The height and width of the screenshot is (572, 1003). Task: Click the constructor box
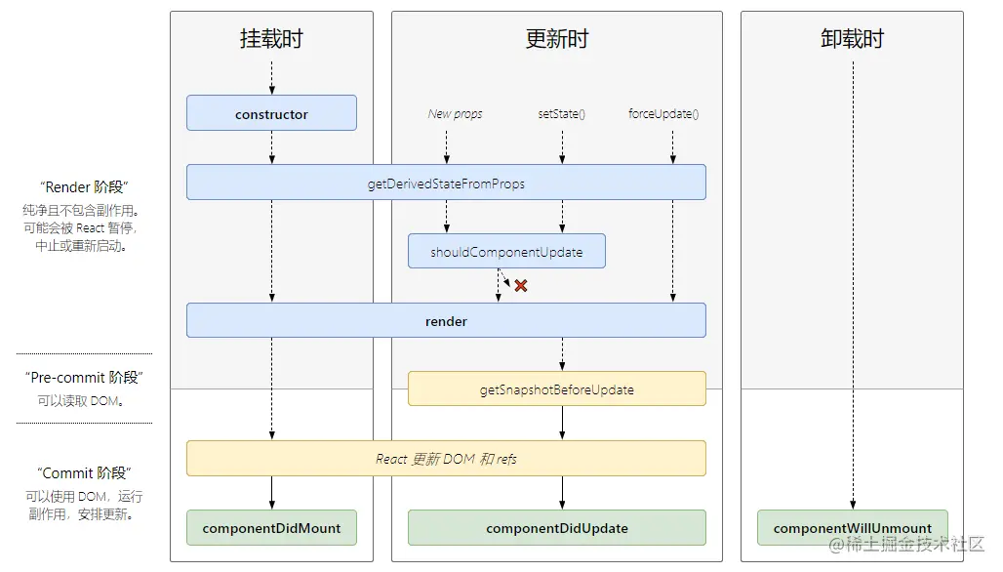(x=271, y=113)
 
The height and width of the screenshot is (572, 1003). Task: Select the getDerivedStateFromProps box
(x=446, y=183)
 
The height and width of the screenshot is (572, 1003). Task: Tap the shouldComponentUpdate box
(x=506, y=252)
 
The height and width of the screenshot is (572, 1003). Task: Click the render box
(x=446, y=321)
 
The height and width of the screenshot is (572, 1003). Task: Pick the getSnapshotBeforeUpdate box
(x=556, y=389)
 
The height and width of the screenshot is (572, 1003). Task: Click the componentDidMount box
(x=271, y=528)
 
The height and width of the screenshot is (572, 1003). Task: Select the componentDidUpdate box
(x=556, y=528)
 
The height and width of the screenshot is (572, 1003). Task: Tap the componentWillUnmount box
(x=852, y=528)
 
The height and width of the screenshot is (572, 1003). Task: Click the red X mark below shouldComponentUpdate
(x=521, y=286)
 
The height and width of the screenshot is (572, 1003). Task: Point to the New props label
(x=455, y=114)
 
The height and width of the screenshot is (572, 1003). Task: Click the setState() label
(x=561, y=114)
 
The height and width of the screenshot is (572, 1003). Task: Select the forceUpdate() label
(x=663, y=114)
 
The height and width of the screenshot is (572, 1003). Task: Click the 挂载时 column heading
(x=271, y=39)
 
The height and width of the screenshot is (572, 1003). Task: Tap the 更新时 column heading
(x=556, y=39)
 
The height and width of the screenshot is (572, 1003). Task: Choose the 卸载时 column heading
(x=852, y=39)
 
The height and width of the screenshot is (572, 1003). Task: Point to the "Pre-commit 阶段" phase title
(x=84, y=378)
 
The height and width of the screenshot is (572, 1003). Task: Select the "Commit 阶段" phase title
(x=84, y=473)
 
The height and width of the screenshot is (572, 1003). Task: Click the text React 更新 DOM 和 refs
(x=446, y=459)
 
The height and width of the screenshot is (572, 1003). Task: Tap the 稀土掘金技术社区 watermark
(x=907, y=543)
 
